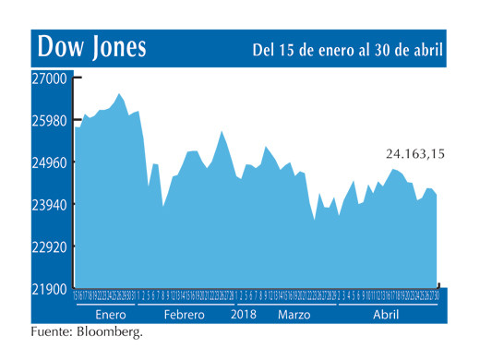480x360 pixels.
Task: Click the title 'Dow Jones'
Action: (x=90, y=47)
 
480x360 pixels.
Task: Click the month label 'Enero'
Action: (x=110, y=315)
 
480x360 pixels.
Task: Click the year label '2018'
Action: (x=243, y=315)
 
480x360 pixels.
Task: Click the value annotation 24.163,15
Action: (x=414, y=154)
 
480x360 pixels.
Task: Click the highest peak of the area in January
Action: (x=119, y=93)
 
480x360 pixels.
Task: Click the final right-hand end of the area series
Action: (x=437, y=193)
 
